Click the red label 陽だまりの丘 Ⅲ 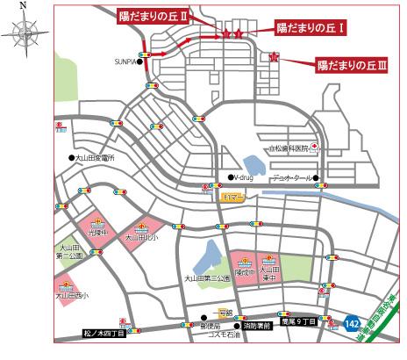tap(352, 64)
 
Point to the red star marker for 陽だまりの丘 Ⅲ tap(275, 58)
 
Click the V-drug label tap(242, 178)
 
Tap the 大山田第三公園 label tap(206, 278)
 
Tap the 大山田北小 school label tap(140, 237)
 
